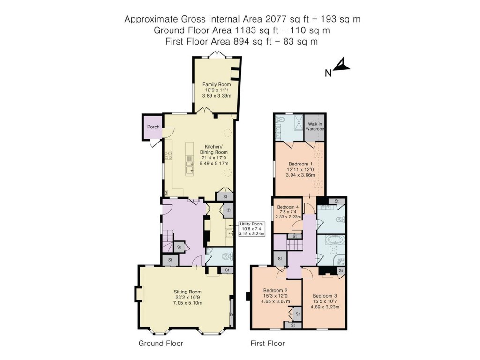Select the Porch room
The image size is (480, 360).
click(153, 127)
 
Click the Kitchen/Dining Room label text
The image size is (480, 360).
click(214, 152)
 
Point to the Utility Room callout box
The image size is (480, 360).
click(252, 229)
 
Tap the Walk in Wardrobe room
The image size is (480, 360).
click(315, 127)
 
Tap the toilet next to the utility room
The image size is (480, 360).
click(226, 256)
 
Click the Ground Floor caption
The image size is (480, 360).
click(161, 344)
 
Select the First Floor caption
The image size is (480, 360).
click(268, 344)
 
